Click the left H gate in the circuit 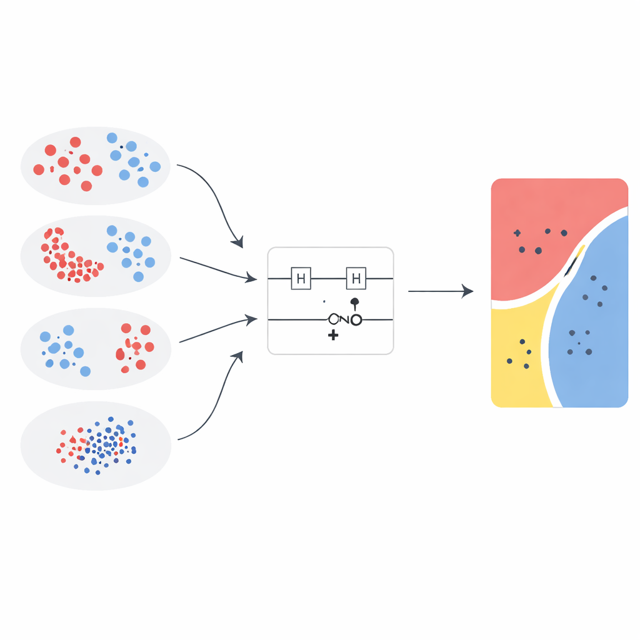click(x=301, y=278)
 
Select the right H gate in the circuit click(x=356, y=278)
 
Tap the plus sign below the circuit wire click(x=333, y=336)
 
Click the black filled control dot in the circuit click(x=355, y=302)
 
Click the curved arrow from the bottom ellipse click(x=212, y=406)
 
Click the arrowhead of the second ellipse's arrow click(x=251, y=277)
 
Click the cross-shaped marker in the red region click(x=517, y=233)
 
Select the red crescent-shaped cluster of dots click(x=66, y=256)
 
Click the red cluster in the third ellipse click(x=134, y=347)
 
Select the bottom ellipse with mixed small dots click(x=96, y=445)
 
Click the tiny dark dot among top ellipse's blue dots click(x=121, y=147)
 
